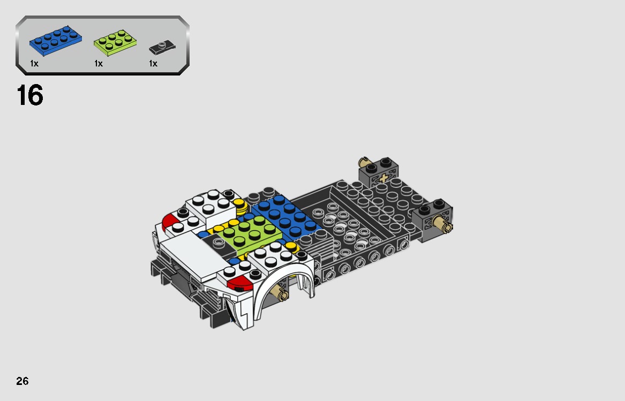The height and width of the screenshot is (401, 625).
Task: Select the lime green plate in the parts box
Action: [114, 44]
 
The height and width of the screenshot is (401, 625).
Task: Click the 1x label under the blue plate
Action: [34, 64]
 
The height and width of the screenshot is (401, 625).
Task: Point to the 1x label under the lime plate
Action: [99, 64]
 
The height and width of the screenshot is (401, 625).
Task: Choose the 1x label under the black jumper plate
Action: [153, 64]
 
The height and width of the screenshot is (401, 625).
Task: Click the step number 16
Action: [30, 96]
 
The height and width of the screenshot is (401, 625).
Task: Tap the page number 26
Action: [22, 381]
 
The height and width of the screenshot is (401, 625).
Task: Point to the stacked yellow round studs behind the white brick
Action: [239, 205]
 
